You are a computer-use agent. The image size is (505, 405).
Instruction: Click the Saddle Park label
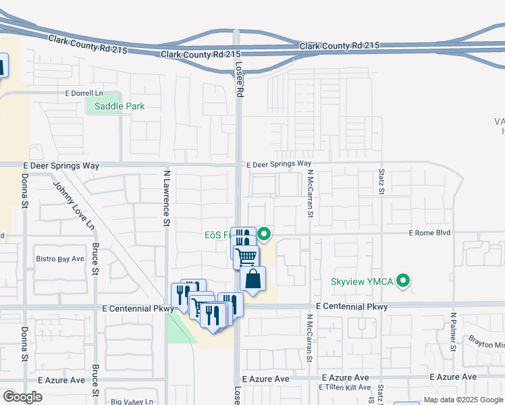coord(119,106)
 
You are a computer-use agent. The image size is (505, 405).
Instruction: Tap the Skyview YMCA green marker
coord(404,280)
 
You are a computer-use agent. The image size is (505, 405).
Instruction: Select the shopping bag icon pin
coord(252,279)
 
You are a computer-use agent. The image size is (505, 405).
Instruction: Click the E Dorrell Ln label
coord(84,92)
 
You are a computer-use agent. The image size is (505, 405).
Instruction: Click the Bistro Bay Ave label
coord(59,259)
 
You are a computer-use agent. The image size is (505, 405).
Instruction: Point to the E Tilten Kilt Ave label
coord(346,387)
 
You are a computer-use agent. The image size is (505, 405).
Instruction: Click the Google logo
coord(22,397)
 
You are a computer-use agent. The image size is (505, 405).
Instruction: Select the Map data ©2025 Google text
coord(463,400)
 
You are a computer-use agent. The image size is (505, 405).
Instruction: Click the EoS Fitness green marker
coord(264,235)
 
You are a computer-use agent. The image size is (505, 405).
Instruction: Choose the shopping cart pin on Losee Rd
coord(246,256)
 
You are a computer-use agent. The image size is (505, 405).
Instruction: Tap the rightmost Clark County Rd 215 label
coord(340,45)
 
